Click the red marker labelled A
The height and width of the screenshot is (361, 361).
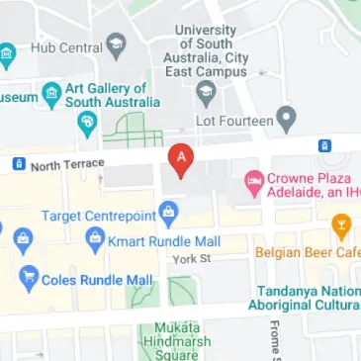pos(180,158)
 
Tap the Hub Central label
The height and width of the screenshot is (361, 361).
pos(66,46)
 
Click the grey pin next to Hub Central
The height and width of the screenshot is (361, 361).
pos(118,45)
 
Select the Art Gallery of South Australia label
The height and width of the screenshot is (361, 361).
pos(111,96)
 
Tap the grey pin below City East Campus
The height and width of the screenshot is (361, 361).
pos(207,95)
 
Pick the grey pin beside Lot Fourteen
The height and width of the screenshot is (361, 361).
pos(288,119)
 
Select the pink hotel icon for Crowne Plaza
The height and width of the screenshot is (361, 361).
pos(252,183)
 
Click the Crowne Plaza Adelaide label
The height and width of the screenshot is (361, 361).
pos(309,184)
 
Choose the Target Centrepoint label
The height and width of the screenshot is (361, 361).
pos(99,214)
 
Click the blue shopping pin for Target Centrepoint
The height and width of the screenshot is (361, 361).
pos(169,211)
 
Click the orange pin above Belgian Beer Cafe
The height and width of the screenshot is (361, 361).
pos(340,226)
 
